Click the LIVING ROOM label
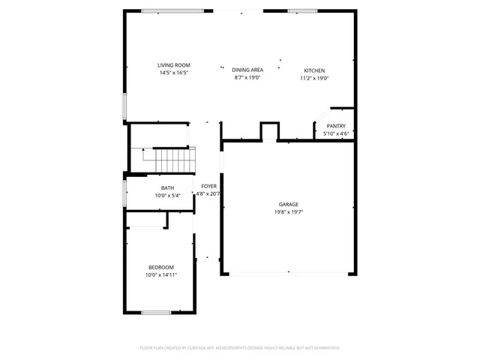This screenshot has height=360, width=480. [x=173, y=65]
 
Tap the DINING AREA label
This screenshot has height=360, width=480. [x=247, y=70]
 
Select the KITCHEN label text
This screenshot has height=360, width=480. [x=314, y=70]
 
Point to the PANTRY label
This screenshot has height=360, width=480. [x=335, y=126]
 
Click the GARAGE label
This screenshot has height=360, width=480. [x=289, y=204]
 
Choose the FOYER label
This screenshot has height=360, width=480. [x=208, y=186]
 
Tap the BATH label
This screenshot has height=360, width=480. [x=167, y=187]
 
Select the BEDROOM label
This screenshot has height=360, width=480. [x=160, y=268]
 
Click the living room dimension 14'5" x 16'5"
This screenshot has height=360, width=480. [x=173, y=73]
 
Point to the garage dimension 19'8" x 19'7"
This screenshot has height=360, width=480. [x=289, y=212]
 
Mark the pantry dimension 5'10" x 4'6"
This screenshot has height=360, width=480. [x=335, y=134]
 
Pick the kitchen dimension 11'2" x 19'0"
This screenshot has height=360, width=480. [x=314, y=78]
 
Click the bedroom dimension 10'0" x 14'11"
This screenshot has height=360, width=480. [x=160, y=275]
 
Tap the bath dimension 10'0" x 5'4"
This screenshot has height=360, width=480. [x=167, y=196]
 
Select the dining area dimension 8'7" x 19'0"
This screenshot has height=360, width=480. [x=247, y=77]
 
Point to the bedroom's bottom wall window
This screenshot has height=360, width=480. [x=157, y=312]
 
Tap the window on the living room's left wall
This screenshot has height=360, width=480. [x=124, y=106]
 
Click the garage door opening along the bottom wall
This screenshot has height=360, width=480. [x=289, y=274]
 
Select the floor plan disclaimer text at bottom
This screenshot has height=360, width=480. [x=240, y=348]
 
